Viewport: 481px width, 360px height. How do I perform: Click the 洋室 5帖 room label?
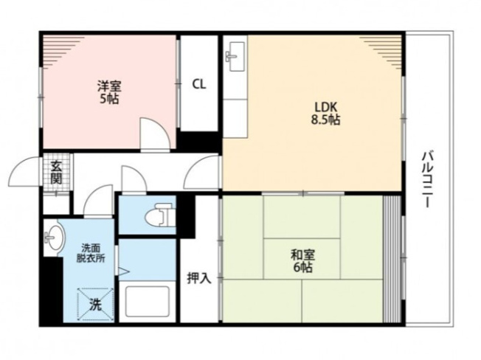coord(109,92)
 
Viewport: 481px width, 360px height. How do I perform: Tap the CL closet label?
coord(199,84)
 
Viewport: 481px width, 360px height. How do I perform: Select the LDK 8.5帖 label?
coord(326,114)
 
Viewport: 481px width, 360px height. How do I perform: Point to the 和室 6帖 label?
coord(302,261)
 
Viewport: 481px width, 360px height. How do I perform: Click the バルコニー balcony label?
coord(427,179)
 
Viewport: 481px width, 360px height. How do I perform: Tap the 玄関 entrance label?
coord(56,172)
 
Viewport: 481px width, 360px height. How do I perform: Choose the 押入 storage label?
coord(199,278)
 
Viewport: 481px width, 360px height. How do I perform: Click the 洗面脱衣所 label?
coord(91,252)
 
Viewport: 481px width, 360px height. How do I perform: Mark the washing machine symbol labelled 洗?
coord(94,304)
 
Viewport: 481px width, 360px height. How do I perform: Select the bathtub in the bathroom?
coord(147,302)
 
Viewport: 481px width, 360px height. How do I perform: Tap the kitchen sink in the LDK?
coord(235,56)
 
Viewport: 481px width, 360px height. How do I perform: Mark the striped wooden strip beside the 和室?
coord(392,259)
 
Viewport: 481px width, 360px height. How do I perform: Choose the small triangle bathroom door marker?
coord(124,271)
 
